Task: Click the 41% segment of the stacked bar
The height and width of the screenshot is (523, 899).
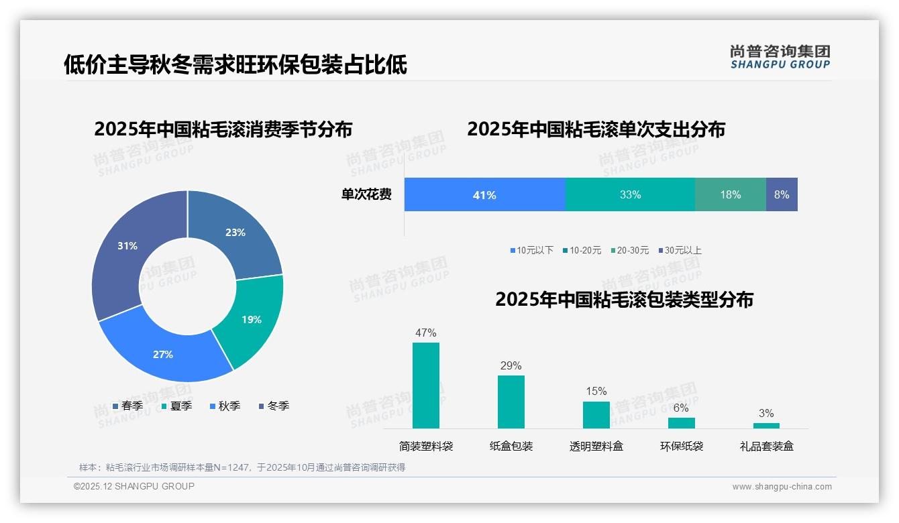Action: tap(484, 195)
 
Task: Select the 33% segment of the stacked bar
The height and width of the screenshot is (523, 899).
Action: tap(630, 195)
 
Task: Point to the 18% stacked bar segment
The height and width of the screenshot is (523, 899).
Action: tap(731, 195)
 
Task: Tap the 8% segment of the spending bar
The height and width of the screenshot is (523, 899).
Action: tap(782, 195)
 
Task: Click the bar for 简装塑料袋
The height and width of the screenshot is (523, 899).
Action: tap(426, 386)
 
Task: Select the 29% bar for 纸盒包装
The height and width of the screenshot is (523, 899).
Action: tap(511, 402)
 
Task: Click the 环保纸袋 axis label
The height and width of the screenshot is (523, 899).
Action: tap(682, 446)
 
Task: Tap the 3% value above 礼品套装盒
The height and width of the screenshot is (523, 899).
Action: tap(766, 413)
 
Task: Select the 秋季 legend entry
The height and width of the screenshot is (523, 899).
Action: tap(225, 406)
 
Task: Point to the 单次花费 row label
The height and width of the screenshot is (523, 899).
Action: tap(366, 195)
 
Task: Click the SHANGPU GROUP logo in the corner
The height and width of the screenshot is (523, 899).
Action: tap(780, 57)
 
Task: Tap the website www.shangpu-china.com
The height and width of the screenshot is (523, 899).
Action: tap(782, 487)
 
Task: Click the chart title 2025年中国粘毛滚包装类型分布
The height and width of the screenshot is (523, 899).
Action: tap(624, 300)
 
